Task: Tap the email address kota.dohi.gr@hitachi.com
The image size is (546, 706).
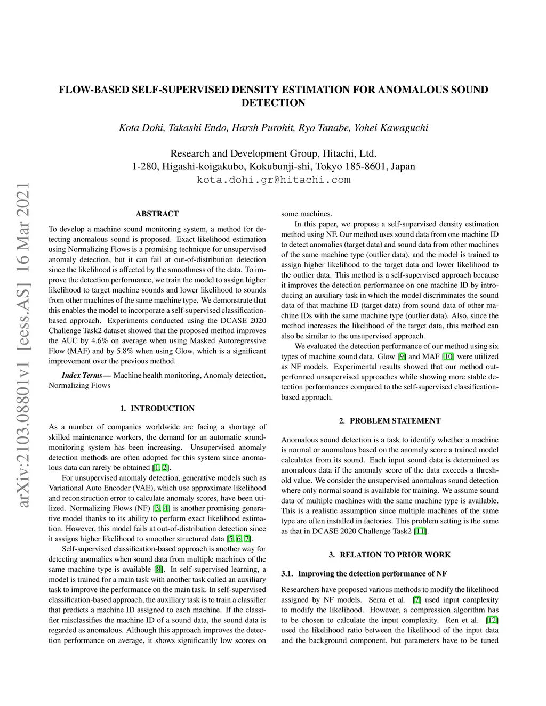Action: point(274,180)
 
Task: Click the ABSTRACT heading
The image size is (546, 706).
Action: point(157,214)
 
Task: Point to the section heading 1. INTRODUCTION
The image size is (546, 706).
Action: point(157,409)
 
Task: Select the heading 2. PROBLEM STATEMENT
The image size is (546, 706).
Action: point(390,421)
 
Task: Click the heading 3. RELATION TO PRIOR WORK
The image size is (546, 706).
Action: point(390,555)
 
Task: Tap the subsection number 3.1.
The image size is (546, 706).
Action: point(287,574)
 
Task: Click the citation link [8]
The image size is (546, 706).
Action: point(158,570)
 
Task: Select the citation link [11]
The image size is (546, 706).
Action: point(420,531)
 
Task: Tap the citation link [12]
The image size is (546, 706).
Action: point(492,620)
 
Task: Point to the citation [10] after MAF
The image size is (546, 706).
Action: point(448,356)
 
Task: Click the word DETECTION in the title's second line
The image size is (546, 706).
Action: point(274,103)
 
